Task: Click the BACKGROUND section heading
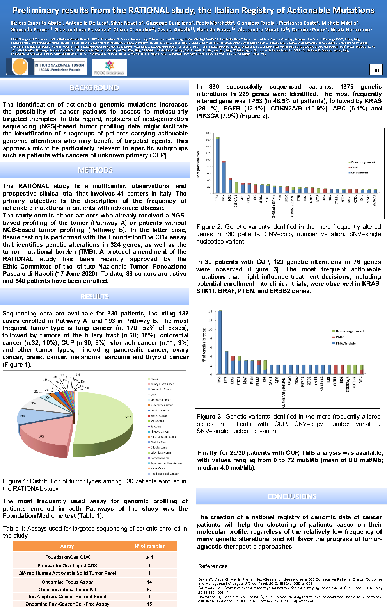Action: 94,88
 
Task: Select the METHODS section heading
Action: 95,170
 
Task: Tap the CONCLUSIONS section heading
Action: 291,496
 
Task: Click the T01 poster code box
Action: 376,70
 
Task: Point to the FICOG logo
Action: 109,68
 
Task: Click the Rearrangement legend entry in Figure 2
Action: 362,162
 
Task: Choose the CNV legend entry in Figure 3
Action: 339,337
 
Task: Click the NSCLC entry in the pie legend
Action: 154,379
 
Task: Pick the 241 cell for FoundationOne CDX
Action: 149,557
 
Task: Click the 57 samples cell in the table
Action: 149,590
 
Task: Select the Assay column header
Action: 67,546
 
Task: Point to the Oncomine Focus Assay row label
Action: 67,582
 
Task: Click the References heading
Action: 213,566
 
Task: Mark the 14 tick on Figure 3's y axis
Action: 210,312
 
